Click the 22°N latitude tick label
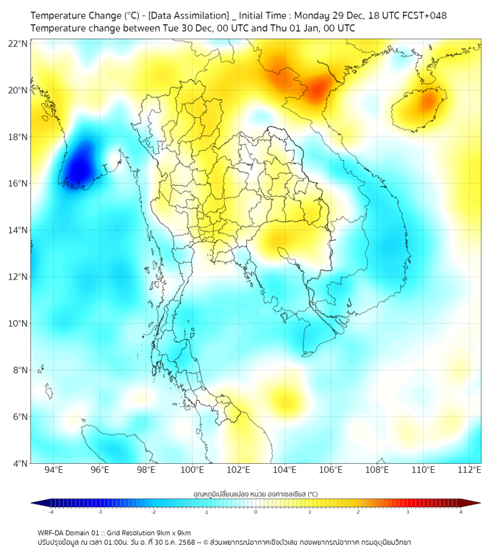click(x=18, y=43)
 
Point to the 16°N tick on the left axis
click(x=18, y=184)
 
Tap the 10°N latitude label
click(x=18, y=324)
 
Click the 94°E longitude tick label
click(x=54, y=470)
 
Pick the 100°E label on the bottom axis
click(x=193, y=470)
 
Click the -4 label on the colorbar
click(x=51, y=512)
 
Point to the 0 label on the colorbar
click(x=256, y=512)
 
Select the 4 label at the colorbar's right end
click(x=460, y=512)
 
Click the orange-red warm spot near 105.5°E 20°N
click(x=318, y=90)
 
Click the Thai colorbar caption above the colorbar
click(x=255, y=493)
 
